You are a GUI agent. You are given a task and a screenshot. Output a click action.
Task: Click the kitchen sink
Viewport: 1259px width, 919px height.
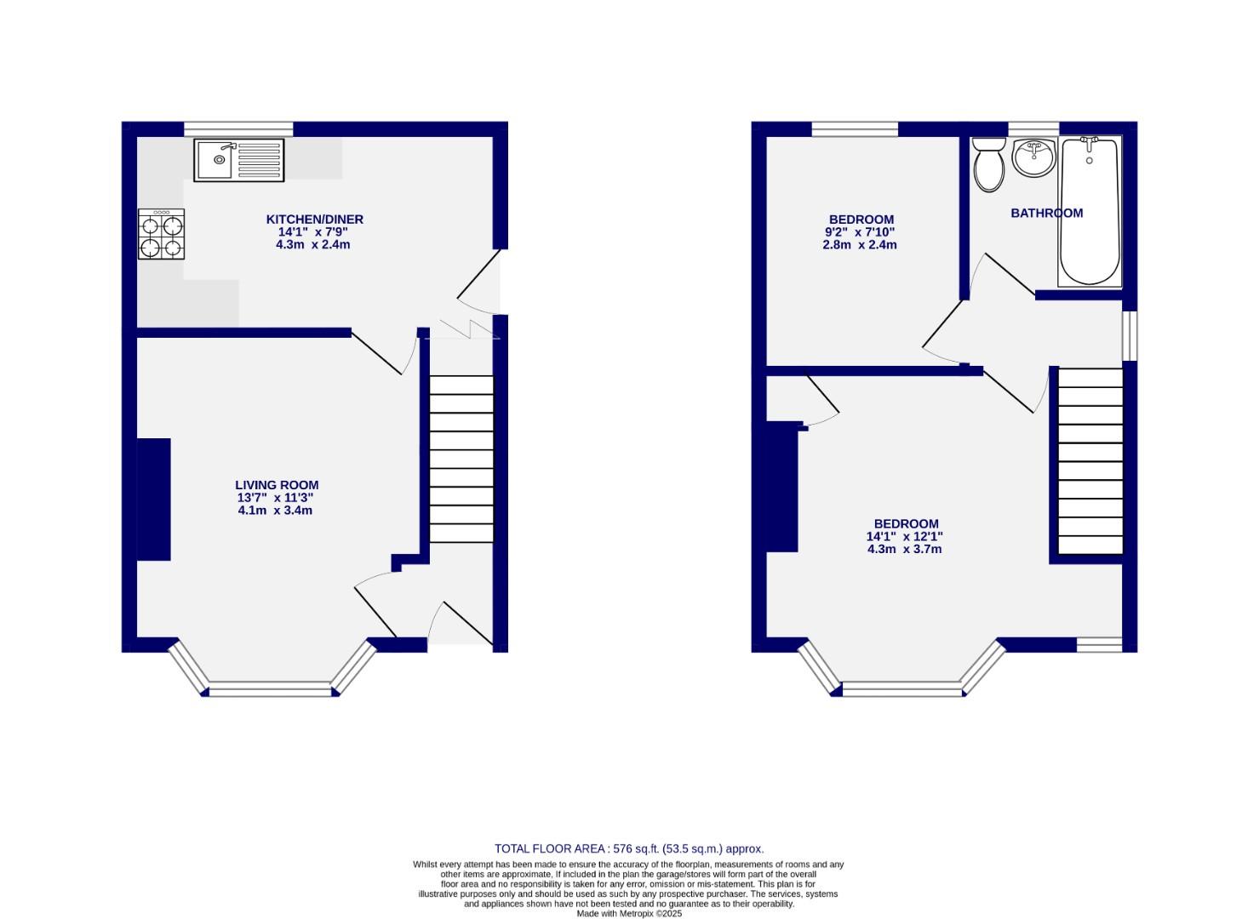[x=238, y=160]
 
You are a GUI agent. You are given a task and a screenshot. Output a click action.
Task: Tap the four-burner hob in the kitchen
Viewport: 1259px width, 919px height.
[x=162, y=235]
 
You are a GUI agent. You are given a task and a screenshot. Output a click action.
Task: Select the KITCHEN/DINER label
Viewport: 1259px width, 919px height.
[x=314, y=220]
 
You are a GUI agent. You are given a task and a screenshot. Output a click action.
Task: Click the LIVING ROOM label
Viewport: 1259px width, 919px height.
[x=277, y=485]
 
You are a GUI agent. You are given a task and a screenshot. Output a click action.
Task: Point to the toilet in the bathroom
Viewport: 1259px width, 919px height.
[x=989, y=164]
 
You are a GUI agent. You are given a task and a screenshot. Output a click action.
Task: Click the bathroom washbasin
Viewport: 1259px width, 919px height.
[x=1034, y=158]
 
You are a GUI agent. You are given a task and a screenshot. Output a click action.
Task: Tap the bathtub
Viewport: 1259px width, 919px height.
[x=1090, y=211]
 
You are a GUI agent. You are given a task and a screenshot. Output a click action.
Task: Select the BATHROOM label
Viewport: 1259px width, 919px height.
[x=1046, y=214]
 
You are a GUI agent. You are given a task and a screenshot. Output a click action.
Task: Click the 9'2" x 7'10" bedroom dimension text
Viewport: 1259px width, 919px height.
[x=860, y=232]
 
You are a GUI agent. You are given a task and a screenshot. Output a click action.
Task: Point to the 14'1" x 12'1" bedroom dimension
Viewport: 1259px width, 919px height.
[x=904, y=537]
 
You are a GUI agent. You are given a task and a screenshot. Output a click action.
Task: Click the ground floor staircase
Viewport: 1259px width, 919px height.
[x=461, y=459]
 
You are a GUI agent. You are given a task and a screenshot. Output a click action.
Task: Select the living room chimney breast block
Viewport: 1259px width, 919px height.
[x=154, y=499]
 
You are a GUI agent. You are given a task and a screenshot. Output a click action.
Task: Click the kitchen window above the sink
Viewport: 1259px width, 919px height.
[x=238, y=129]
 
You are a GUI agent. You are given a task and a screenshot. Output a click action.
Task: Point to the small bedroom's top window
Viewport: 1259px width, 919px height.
[x=855, y=129]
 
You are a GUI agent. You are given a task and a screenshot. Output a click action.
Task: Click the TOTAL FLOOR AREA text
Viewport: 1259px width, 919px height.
[x=629, y=848]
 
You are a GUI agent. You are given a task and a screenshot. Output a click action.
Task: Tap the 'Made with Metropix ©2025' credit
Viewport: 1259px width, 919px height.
[x=629, y=914]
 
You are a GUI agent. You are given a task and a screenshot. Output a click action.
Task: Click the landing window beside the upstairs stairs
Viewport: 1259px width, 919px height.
[x=1129, y=335]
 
